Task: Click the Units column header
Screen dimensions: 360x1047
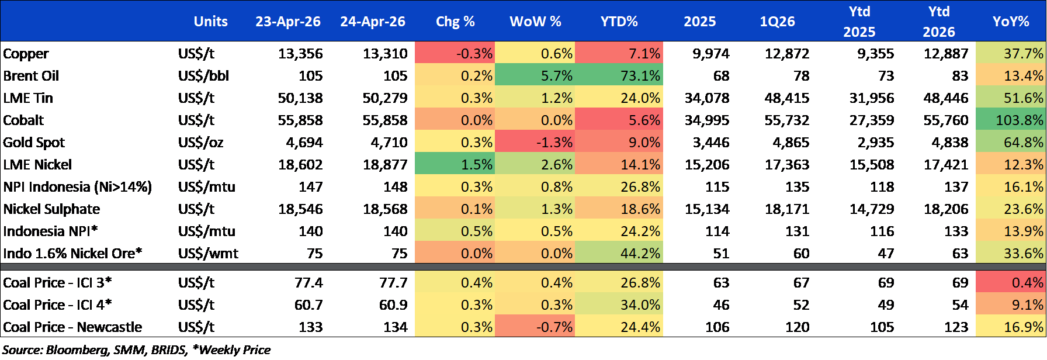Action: [x=210, y=22]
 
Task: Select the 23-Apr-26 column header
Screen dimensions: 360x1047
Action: [x=287, y=22]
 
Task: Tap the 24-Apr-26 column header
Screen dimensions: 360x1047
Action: [x=373, y=22]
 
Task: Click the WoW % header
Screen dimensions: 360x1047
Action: [x=535, y=22]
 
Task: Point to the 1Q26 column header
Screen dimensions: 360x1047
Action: [x=777, y=22]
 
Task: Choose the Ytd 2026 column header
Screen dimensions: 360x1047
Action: [x=939, y=22]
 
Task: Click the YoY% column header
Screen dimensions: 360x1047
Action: [x=1011, y=22]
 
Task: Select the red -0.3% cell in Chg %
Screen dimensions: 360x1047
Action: [x=455, y=53]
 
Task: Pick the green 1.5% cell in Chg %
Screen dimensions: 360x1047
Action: [x=455, y=164]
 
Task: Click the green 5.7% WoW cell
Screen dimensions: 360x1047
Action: [x=535, y=75]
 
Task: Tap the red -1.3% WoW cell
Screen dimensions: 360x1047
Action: [x=535, y=142]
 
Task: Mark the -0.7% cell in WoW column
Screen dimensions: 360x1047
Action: [x=535, y=327]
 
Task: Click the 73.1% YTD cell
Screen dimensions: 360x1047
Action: [x=619, y=75]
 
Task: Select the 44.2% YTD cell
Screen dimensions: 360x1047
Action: [x=619, y=253]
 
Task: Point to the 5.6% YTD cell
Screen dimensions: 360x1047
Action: [x=619, y=120]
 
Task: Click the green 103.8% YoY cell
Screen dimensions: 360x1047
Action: [x=1011, y=120]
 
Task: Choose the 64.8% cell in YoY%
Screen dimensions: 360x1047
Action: [x=1011, y=142]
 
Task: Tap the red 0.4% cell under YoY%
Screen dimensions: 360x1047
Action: [x=1011, y=282]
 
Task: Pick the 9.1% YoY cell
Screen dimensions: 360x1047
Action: [x=1011, y=304]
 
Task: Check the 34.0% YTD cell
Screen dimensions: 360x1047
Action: [x=619, y=304]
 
